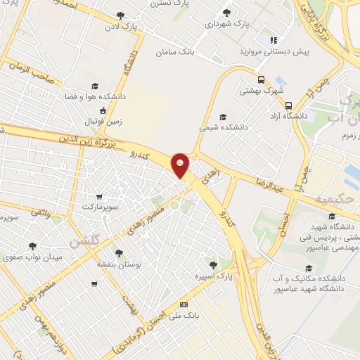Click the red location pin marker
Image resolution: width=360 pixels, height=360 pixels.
[181, 165]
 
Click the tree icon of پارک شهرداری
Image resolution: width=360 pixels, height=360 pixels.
[226, 13]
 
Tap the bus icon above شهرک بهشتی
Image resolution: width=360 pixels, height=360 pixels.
[260, 79]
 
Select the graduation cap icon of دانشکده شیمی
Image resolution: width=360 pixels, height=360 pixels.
[223, 117]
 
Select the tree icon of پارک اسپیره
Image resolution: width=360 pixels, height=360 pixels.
[224, 264]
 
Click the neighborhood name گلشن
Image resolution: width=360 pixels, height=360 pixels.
[84, 241]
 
